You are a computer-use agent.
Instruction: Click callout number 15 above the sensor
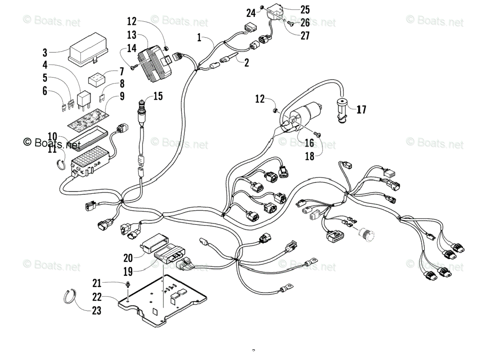[x=158, y=96]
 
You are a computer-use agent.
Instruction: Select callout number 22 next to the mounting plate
[x=97, y=297]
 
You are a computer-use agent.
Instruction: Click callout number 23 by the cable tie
[x=97, y=310]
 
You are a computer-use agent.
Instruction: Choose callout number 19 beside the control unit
[x=128, y=272]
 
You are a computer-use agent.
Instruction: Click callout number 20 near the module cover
[x=128, y=258]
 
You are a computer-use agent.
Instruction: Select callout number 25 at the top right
[x=305, y=9]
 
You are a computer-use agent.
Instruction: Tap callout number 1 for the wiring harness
[x=199, y=38]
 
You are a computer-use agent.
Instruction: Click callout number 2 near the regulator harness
[x=246, y=62]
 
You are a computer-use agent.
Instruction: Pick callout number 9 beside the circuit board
[x=121, y=96]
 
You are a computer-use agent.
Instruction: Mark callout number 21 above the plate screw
[x=97, y=283]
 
